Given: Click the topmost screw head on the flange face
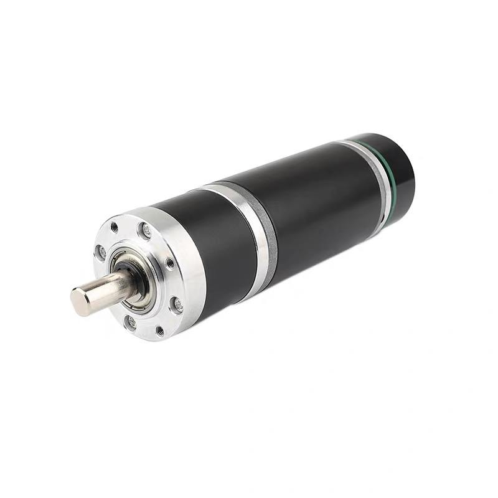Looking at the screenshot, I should [146, 232].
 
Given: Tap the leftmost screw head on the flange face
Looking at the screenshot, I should [100, 251].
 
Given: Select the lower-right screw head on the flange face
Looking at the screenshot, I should [177, 304].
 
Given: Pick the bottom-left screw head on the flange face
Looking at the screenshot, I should [130, 322].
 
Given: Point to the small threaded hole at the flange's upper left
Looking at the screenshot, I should [115, 227].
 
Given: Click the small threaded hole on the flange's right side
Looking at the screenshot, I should [169, 263].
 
